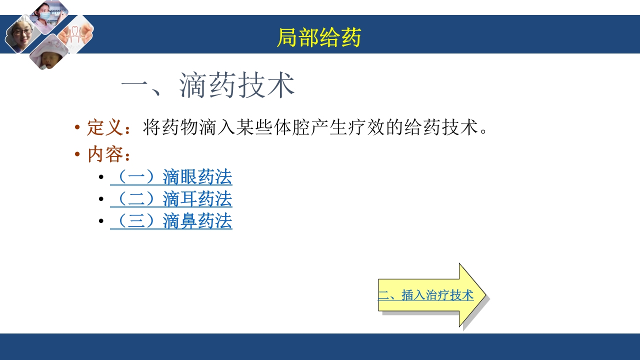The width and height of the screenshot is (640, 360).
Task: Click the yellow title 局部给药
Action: (x=319, y=38)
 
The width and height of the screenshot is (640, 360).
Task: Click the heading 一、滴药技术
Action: (x=207, y=85)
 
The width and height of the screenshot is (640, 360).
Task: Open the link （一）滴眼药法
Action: (x=171, y=177)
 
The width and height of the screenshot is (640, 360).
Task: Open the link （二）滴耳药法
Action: (x=171, y=199)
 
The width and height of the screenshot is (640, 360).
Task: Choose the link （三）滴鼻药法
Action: (x=171, y=221)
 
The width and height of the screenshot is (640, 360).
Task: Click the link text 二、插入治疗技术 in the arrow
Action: (x=425, y=295)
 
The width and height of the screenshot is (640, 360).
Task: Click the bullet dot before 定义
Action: (x=77, y=127)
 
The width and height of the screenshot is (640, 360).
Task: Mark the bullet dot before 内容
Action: (x=77, y=154)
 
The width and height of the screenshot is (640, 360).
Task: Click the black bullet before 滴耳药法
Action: (x=101, y=199)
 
